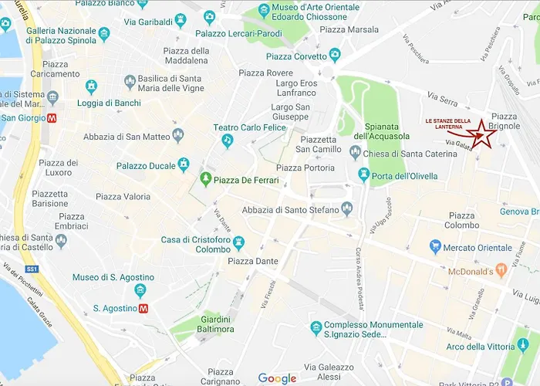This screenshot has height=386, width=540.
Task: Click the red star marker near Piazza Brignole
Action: click(x=484, y=134)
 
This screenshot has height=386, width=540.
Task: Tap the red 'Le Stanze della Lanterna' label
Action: click(x=448, y=124)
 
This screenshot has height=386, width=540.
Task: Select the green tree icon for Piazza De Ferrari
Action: click(x=206, y=179)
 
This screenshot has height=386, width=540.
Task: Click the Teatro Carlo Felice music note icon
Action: click(x=227, y=140)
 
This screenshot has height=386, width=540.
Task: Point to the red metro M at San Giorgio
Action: click(x=52, y=118)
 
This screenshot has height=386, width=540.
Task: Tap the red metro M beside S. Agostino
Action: click(x=143, y=308)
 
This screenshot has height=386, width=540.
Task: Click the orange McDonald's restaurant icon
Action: click(x=501, y=271)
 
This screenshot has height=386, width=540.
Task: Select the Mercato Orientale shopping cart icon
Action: click(x=436, y=247)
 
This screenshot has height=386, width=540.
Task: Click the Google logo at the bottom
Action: click(x=277, y=378)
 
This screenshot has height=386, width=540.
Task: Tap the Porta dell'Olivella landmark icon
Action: click(x=363, y=175)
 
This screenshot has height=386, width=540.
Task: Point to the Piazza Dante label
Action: click(x=252, y=262)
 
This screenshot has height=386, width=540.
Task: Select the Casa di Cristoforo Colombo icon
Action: click(x=238, y=243)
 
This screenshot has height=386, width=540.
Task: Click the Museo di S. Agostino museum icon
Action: click(x=140, y=290)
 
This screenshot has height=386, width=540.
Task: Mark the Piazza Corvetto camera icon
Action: click(x=334, y=56)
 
